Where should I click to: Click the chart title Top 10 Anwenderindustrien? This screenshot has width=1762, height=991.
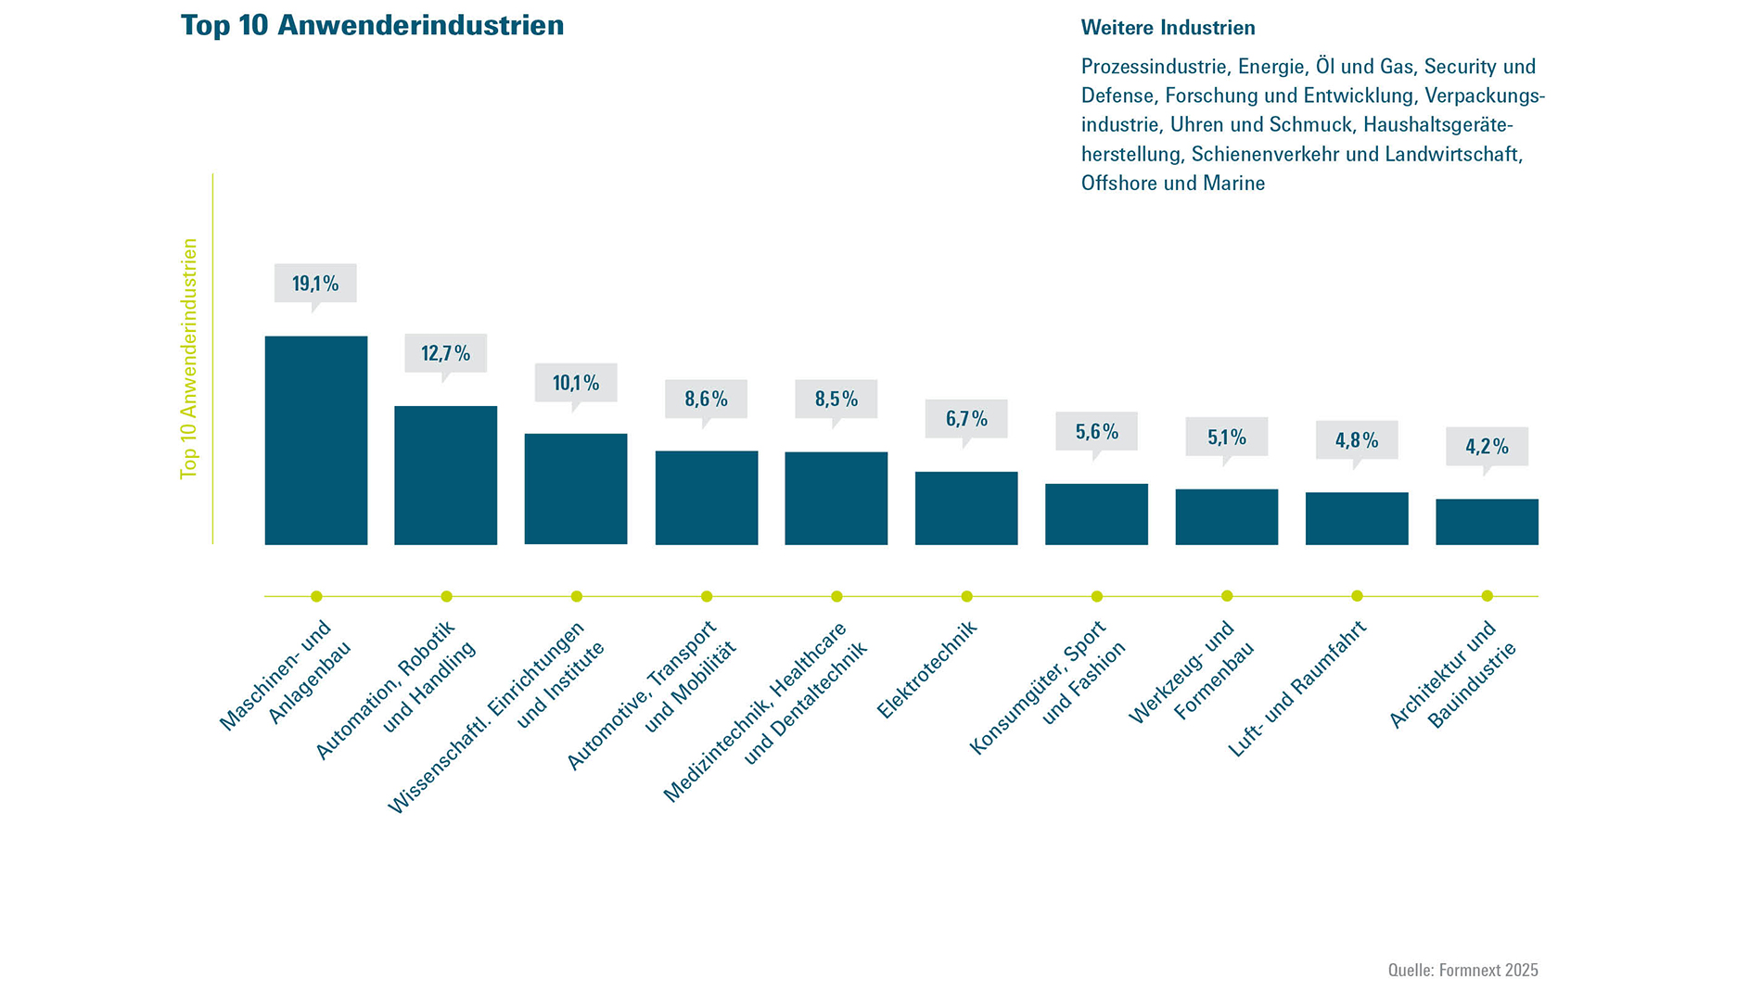click(372, 26)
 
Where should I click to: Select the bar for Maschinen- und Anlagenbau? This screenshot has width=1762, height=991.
click(316, 440)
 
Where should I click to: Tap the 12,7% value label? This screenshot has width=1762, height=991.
click(445, 353)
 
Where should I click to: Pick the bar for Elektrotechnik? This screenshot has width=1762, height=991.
click(966, 508)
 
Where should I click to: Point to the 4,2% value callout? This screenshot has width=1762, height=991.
click(1487, 447)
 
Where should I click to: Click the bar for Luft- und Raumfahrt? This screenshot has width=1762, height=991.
click(1357, 518)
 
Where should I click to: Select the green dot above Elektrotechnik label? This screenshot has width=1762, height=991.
click(966, 596)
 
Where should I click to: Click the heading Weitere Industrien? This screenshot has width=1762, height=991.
click(1168, 28)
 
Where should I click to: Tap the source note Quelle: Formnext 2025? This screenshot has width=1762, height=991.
click(1462, 970)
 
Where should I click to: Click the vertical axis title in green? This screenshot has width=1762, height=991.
click(189, 359)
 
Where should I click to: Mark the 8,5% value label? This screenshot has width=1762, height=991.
click(836, 400)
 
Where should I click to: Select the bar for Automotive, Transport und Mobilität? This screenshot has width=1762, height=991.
click(707, 498)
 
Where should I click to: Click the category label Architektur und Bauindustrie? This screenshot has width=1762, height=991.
click(1453, 675)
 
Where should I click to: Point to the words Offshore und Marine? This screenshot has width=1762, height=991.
click(1172, 184)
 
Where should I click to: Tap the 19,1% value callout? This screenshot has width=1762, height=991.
click(315, 284)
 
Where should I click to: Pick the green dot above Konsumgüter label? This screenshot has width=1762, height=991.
click(1097, 596)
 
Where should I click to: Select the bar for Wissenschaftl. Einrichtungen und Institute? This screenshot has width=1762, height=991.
click(576, 489)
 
